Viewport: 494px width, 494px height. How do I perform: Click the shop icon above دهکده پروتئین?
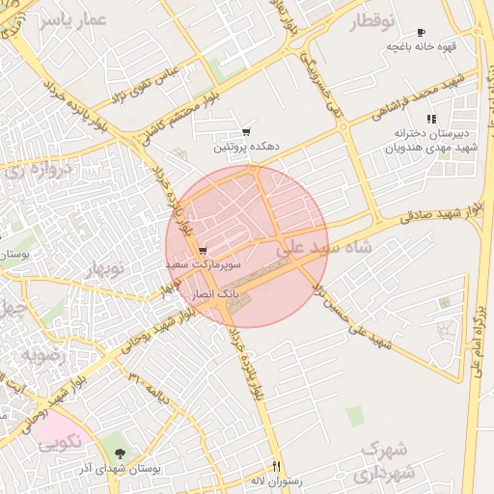point(246,133)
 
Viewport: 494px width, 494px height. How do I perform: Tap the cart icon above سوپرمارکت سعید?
point(201,249)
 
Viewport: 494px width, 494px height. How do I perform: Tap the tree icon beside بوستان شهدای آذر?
point(120,453)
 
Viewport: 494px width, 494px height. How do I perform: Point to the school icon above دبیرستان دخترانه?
point(430,118)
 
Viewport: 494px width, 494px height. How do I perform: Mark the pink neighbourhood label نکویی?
point(60,444)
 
